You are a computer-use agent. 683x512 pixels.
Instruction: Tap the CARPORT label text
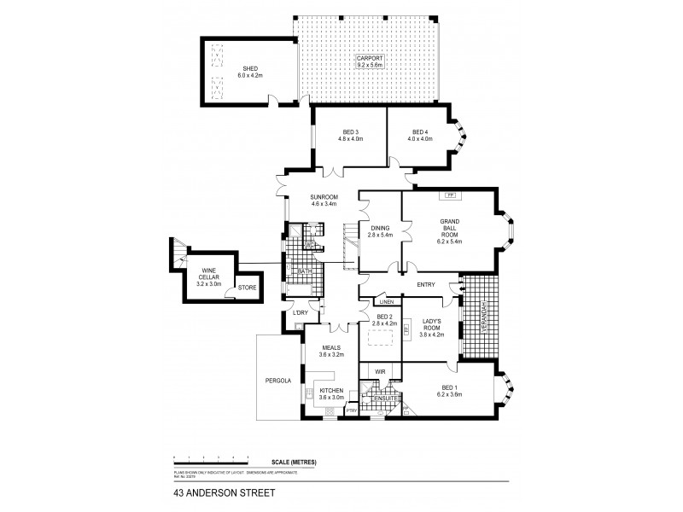click(x=371, y=58)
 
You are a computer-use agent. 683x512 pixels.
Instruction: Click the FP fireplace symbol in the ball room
click(x=450, y=195)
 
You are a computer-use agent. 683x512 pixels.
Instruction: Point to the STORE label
click(x=246, y=288)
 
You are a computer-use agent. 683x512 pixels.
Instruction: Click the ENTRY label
click(x=426, y=285)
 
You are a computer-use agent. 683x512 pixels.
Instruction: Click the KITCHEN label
click(x=331, y=393)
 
